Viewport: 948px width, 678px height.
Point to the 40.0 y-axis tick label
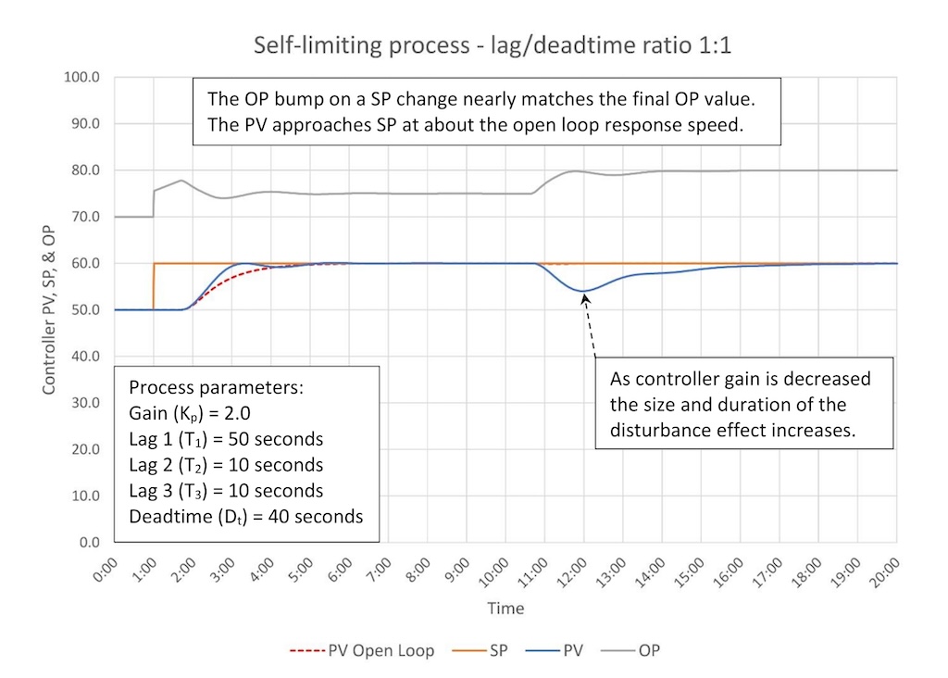pos(83,357)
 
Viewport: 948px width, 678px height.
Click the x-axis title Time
pos(505,609)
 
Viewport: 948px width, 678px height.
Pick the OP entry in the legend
pos(649,650)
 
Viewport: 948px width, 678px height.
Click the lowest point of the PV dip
pos(584,291)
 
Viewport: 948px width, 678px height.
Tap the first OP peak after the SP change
pos(181,181)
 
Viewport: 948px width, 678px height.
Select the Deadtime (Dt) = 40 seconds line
pos(245,516)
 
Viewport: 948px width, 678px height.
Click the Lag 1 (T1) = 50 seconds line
pos(226,438)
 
